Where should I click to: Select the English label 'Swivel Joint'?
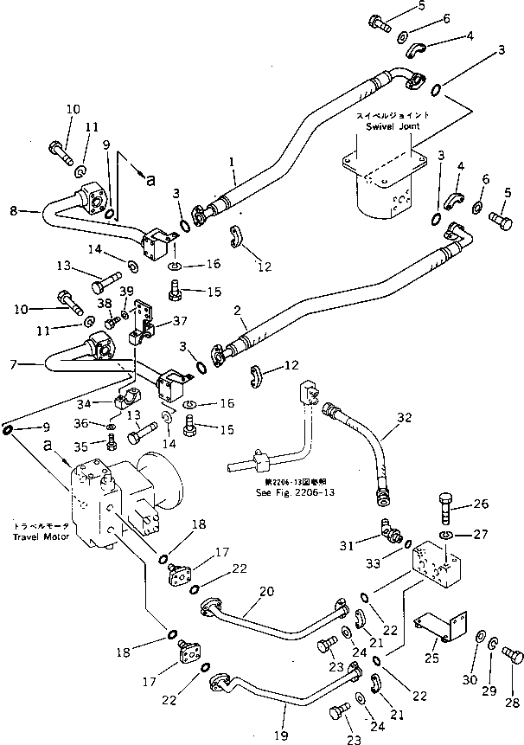(393, 126)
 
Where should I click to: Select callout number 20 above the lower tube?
(267, 591)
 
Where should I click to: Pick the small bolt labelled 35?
(112, 444)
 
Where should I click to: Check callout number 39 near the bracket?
(126, 290)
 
